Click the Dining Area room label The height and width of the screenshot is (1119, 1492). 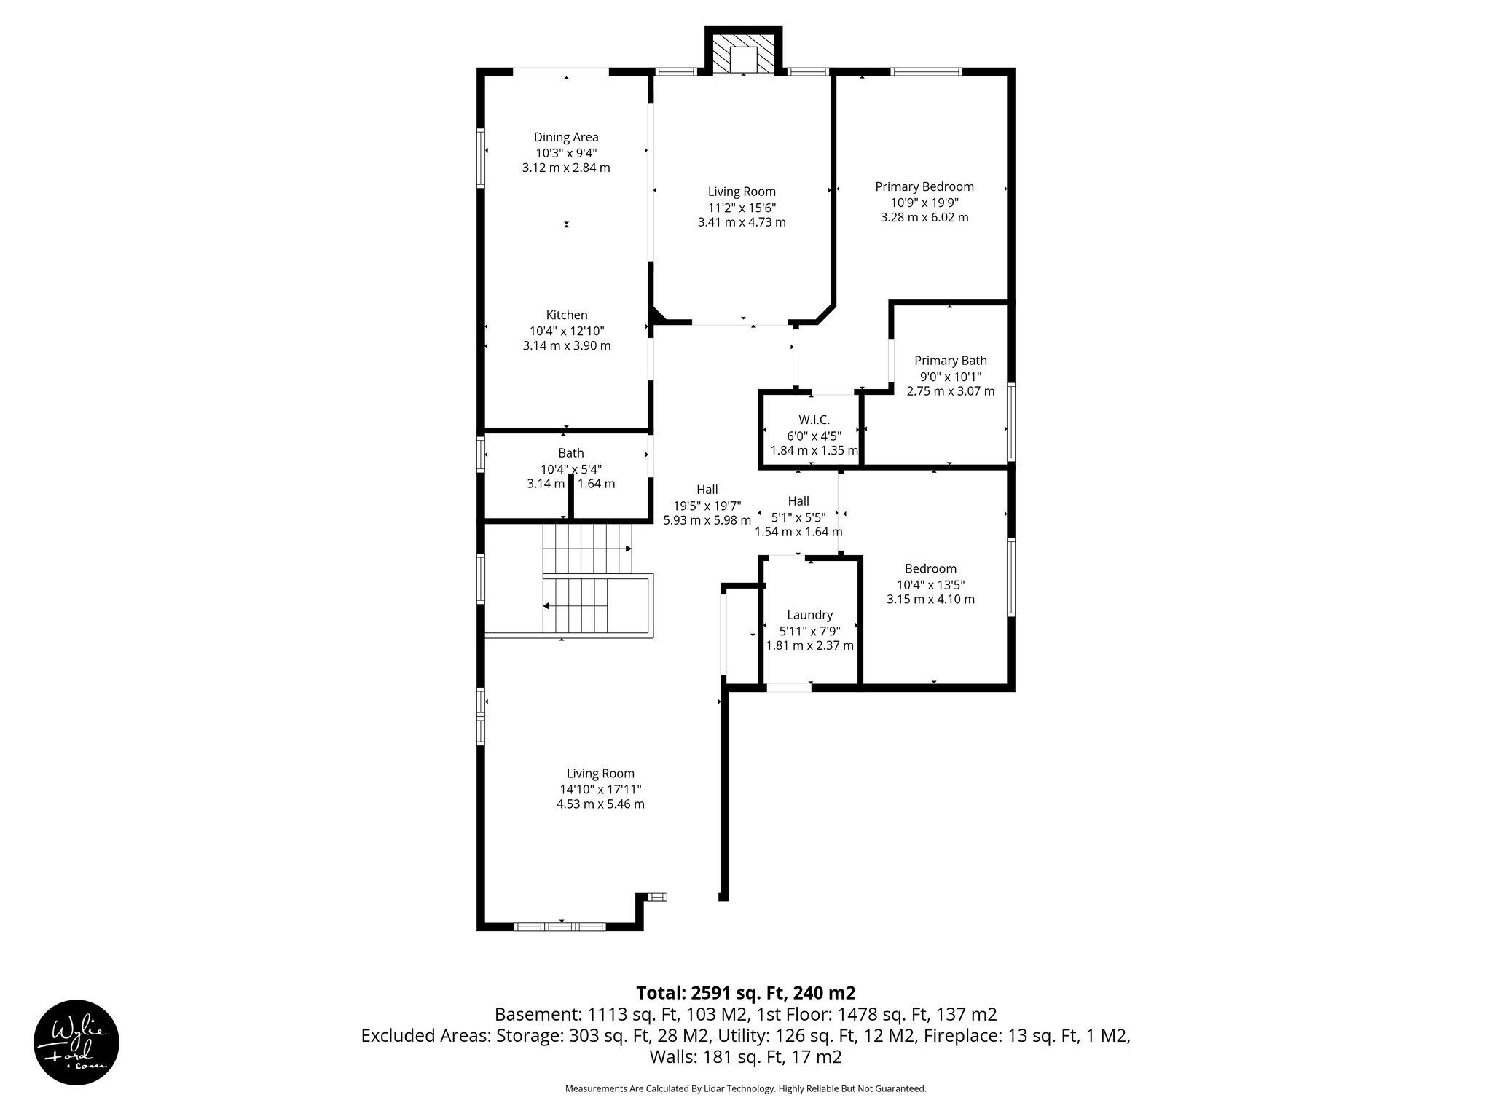(x=566, y=137)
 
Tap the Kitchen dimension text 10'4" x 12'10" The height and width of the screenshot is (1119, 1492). (x=567, y=331)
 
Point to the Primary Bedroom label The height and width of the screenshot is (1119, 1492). (x=924, y=186)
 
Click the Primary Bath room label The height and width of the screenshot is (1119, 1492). (x=950, y=361)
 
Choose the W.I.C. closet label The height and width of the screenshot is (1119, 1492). (x=814, y=420)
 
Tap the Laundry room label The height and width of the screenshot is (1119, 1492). (x=809, y=615)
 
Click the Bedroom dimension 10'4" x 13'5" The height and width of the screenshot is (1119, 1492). (x=930, y=584)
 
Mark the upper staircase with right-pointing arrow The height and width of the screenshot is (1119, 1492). (x=587, y=549)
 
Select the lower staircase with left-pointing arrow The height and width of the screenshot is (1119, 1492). (x=576, y=606)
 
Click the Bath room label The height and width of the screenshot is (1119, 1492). (x=570, y=453)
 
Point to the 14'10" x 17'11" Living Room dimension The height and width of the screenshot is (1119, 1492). (x=600, y=789)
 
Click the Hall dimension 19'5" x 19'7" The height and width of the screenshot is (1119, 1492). (x=707, y=505)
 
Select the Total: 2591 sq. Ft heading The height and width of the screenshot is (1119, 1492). (x=745, y=993)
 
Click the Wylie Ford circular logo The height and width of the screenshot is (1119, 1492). (x=76, y=1042)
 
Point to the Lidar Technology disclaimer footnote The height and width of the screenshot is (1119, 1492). (x=745, y=1088)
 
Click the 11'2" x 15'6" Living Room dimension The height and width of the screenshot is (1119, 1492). (x=742, y=207)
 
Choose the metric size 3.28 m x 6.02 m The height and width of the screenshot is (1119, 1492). (x=924, y=217)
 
